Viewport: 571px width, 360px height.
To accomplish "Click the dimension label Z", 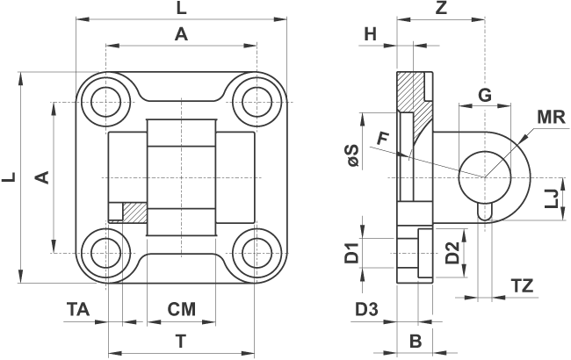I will (441, 9).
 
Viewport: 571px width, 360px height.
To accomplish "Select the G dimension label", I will (483, 95).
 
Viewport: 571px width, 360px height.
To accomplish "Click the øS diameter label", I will (352, 156).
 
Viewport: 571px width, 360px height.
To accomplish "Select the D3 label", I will (366, 309).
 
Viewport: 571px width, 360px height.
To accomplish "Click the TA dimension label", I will (78, 309).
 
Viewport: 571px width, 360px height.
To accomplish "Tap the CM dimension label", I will (181, 309).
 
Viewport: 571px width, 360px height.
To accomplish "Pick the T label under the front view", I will (181, 340).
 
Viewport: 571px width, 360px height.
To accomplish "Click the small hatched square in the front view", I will (134, 212).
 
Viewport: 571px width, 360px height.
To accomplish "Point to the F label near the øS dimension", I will (383, 138).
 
